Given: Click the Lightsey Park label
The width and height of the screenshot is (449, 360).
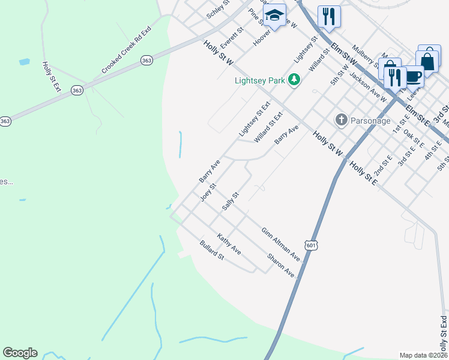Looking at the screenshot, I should (259, 79).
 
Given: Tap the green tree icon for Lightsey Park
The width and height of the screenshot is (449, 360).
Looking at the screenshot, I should (294, 79).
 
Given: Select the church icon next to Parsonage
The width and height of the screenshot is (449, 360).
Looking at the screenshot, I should (342, 119).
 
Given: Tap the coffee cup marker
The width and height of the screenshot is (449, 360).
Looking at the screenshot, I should (413, 76).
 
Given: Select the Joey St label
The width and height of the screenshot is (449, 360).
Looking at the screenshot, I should (208, 193).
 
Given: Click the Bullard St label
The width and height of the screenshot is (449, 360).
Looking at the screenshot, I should (211, 250).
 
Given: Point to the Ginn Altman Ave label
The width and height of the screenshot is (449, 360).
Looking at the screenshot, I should (280, 244).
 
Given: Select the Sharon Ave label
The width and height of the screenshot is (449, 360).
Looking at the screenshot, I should (282, 265).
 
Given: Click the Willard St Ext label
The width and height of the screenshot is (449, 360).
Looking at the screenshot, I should (268, 128).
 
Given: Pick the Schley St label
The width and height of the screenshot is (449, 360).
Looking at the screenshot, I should (218, 9).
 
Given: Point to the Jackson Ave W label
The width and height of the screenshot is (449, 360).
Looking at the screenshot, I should (368, 86).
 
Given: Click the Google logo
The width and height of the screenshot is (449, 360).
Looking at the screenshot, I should (20, 353).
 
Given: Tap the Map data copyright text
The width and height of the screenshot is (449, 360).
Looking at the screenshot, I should (423, 355).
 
